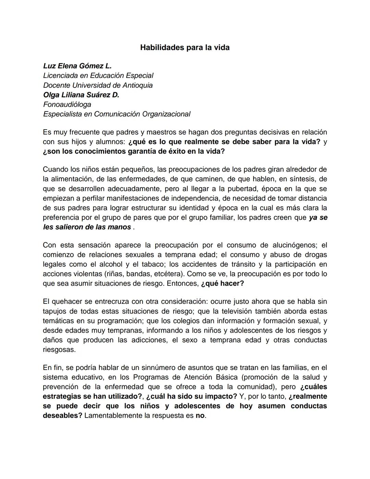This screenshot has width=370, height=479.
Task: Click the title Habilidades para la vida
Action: pos(185,48)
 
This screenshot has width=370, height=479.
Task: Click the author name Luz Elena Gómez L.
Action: pos(77,66)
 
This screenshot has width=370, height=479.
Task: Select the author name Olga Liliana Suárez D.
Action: pos(81,95)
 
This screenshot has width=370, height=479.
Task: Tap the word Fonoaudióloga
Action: pos(67,105)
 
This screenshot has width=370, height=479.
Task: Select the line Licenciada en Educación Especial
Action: pos(98,75)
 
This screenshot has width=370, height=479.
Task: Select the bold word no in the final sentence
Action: pos(200,416)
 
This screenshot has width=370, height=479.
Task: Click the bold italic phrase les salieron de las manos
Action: pos(87,227)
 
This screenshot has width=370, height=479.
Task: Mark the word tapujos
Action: pos(56,311)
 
